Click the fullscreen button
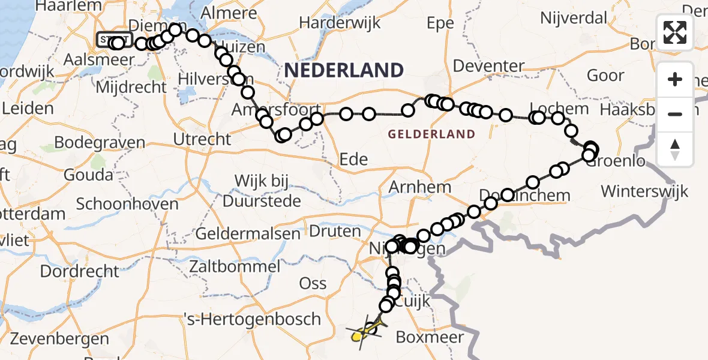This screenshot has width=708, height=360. pyautogui.click(x=675, y=32)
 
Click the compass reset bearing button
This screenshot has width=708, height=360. pyautogui.click(x=675, y=149)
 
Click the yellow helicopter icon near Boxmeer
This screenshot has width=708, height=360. pyautogui.click(x=362, y=333)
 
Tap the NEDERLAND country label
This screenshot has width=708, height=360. pyautogui.click(x=344, y=70)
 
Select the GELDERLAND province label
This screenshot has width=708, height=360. pyautogui.click(x=431, y=134)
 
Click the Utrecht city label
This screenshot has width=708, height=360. pyautogui.click(x=202, y=139)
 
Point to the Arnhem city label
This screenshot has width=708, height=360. pyautogui.click(x=419, y=187)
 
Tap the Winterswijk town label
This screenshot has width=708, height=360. pyautogui.click(x=644, y=191)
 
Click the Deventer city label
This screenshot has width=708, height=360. pyautogui.click(x=489, y=65)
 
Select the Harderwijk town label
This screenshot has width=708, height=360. pyautogui.click(x=340, y=23)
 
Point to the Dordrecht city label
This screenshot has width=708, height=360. pyautogui.click(x=80, y=271)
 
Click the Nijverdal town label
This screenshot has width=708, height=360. pyautogui.click(x=574, y=17)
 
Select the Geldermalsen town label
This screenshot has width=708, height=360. pyautogui.click(x=248, y=233)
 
